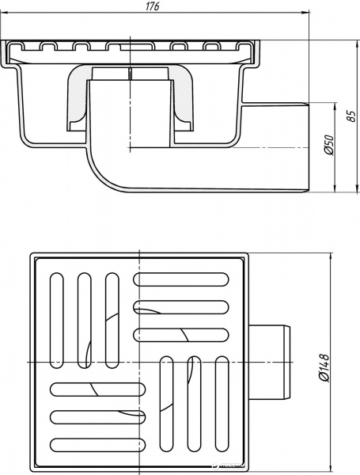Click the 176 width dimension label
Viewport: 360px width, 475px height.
click(153, 6)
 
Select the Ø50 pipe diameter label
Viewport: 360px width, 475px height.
click(329, 145)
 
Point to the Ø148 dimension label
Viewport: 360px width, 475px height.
click(324, 367)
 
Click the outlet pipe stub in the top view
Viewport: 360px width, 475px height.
click(270, 363)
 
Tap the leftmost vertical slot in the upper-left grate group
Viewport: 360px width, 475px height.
click(57, 321)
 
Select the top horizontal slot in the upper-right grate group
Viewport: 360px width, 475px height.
click(181, 279)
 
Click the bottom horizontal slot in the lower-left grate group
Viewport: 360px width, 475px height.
click(97, 445)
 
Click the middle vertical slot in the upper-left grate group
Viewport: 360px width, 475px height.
click(85, 321)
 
